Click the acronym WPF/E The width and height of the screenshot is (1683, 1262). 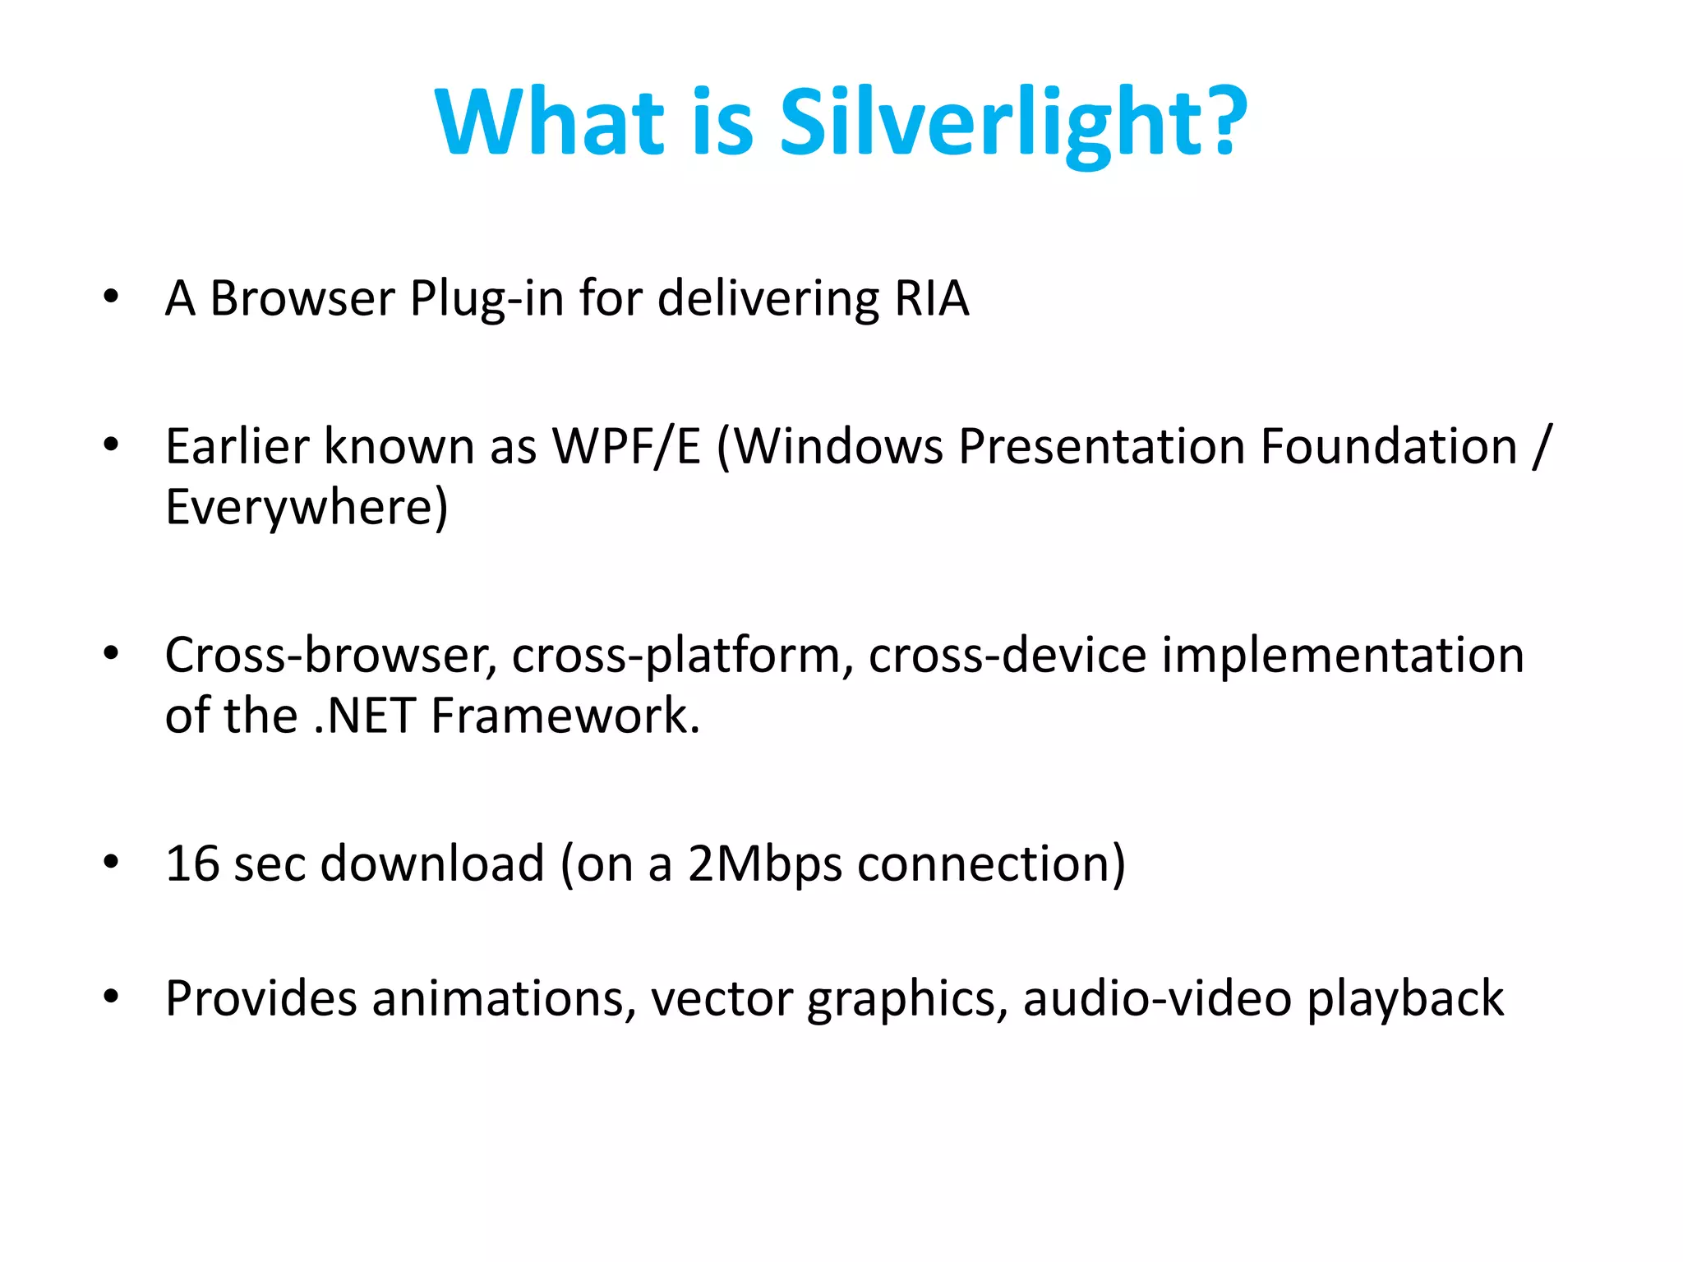coord(626,447)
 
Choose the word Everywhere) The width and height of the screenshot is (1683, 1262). coord(307,507)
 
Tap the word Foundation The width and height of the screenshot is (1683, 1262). coord(1388,447)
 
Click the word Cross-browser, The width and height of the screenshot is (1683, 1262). coord(331,656)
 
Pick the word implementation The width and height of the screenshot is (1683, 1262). coord(1342,656)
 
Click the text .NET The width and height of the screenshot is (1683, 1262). coord(364,716)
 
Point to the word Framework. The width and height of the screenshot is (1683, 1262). coord(565,716)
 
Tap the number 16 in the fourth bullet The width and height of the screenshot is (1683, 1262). coord(192,864)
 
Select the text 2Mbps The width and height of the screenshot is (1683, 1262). coord(764,865)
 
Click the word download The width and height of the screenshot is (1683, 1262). coord(432,864)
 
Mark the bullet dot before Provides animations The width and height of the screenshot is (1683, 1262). coord(111,997)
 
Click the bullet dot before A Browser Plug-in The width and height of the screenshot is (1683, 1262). coord(111,297)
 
